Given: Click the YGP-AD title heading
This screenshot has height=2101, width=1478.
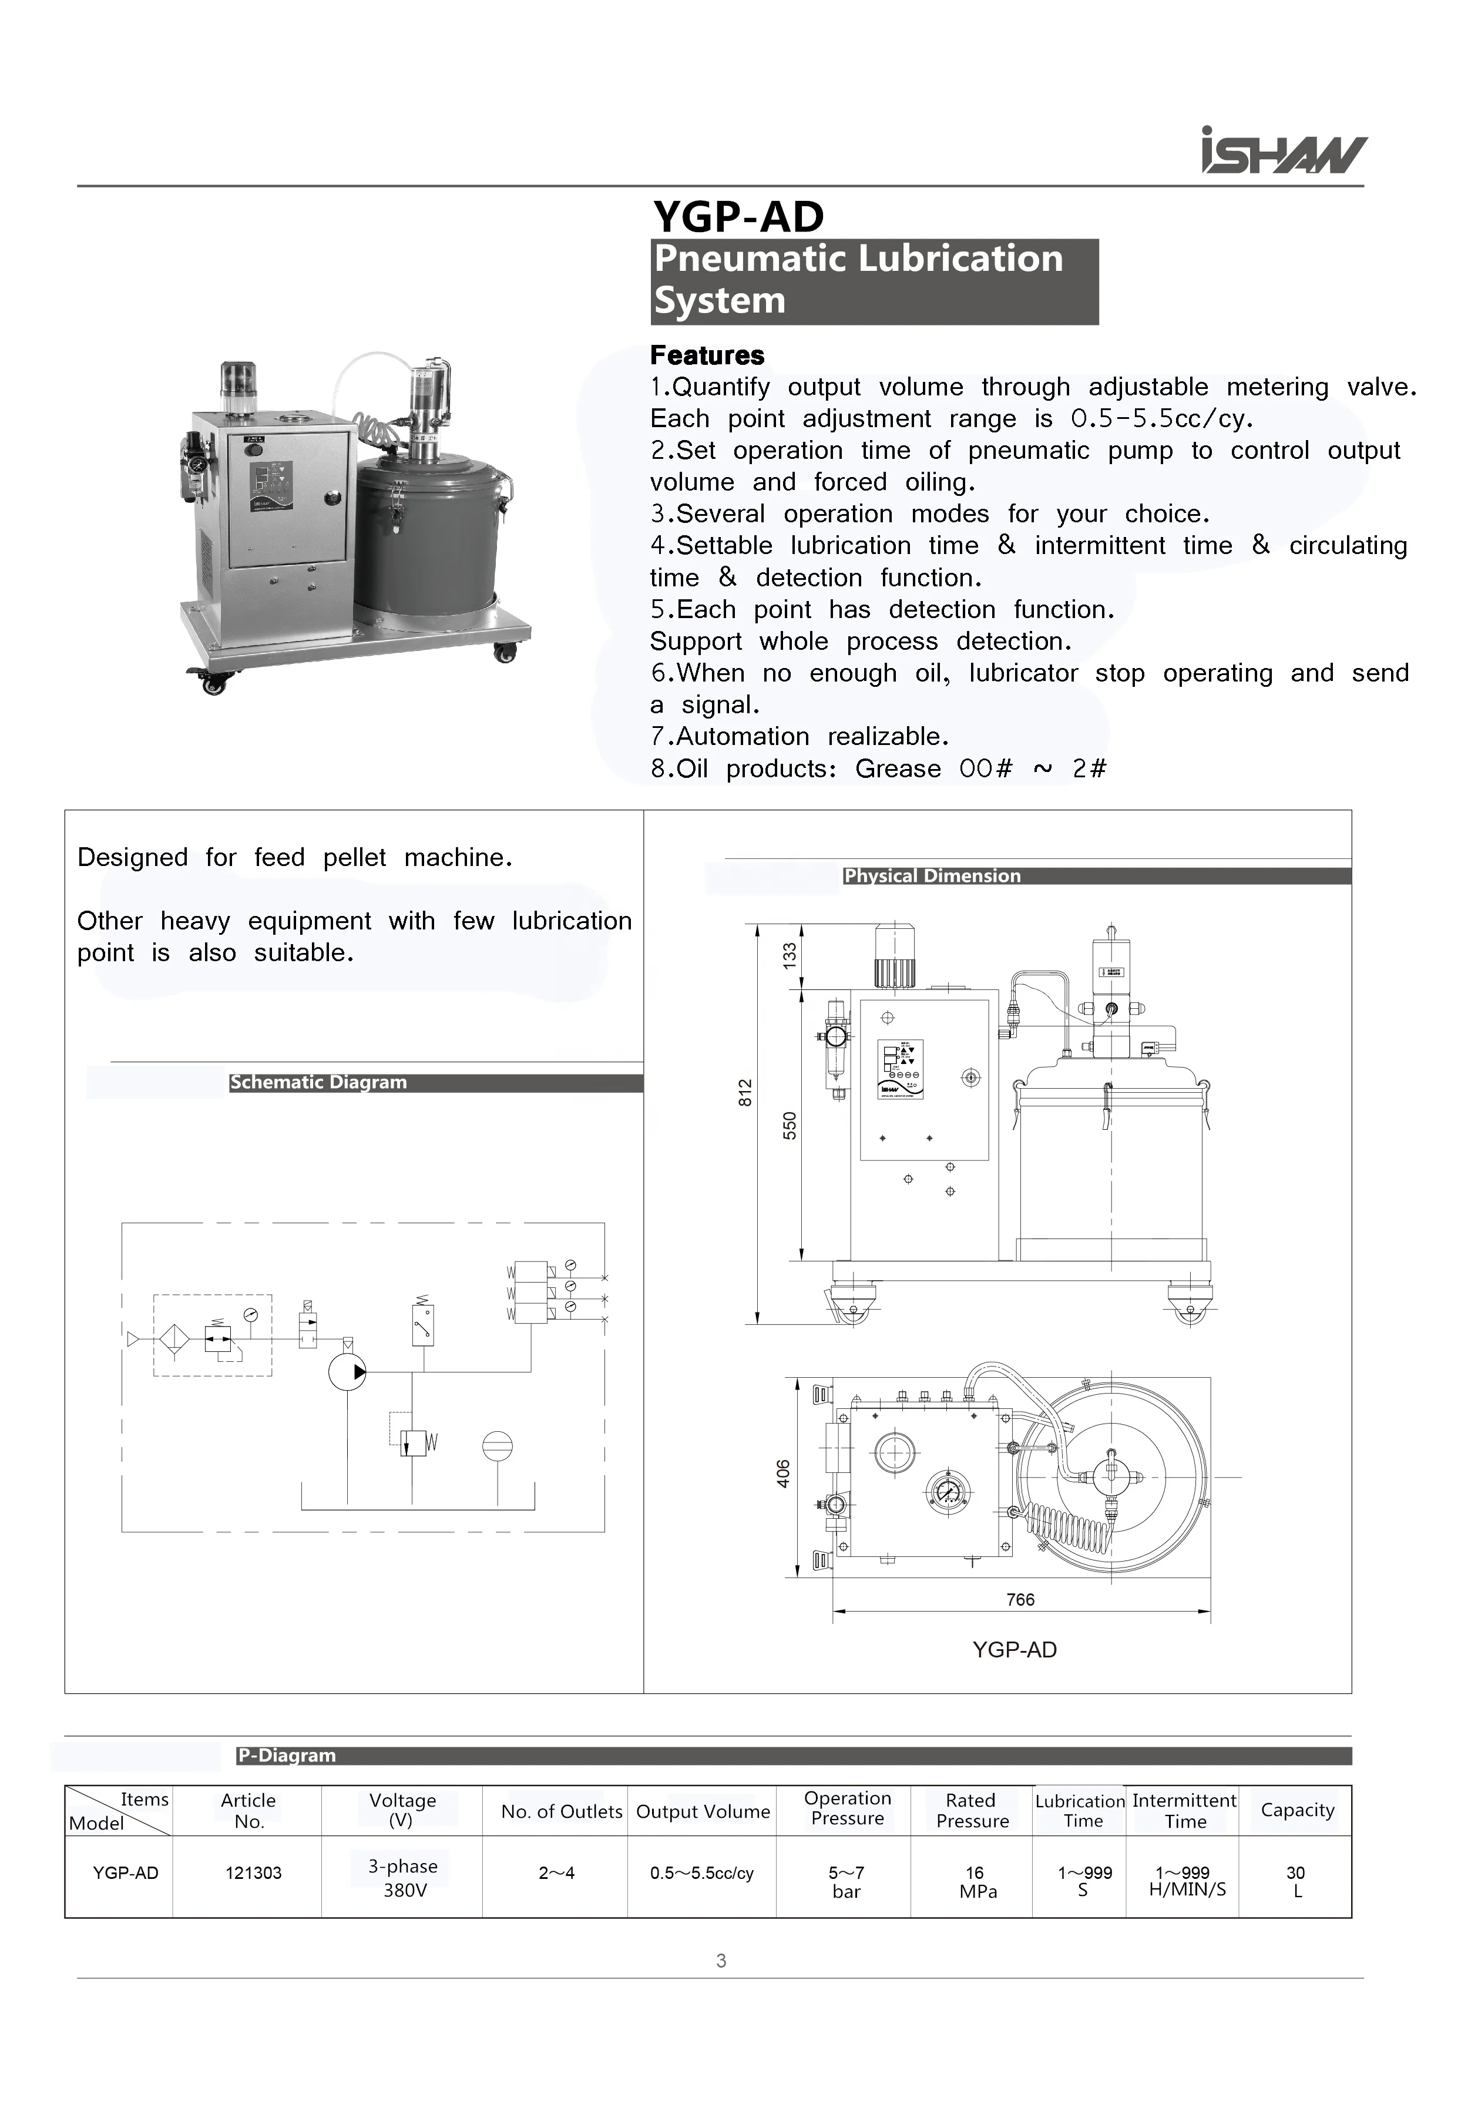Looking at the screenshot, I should pos(738,217).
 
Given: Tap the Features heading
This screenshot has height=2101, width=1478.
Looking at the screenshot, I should pos(707,355).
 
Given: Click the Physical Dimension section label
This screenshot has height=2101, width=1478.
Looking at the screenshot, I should pos(932,876).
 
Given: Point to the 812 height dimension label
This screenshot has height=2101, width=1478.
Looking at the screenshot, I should pos(745,1093).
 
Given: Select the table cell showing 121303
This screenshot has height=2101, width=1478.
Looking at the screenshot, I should pos(254,1873).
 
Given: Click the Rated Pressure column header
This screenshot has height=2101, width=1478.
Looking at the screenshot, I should pos(971,1810).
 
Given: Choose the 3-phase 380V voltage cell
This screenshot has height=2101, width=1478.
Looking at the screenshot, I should pos(402,1878).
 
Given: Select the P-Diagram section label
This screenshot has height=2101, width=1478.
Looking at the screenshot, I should pos(287,1755).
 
